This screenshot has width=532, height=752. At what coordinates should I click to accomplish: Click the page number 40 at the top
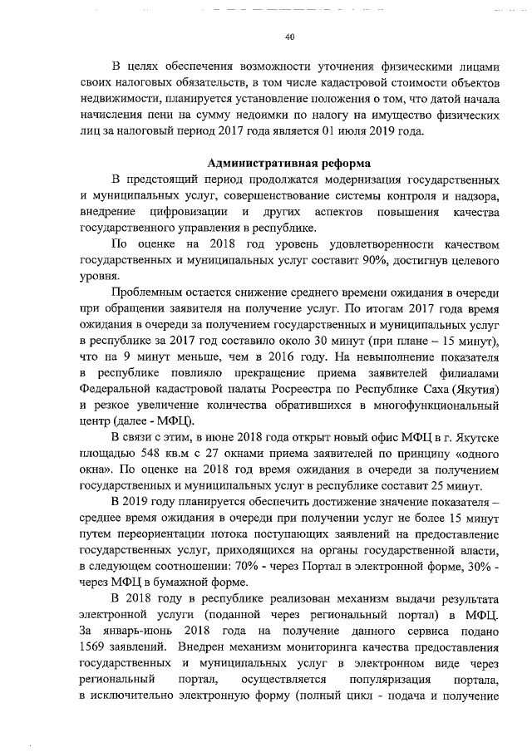[x=289, y=37]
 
